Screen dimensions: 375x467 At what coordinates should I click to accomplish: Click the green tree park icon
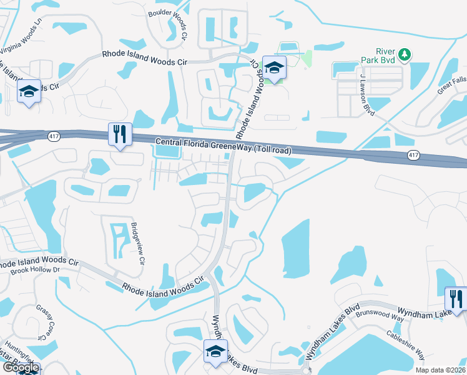coord(405,55)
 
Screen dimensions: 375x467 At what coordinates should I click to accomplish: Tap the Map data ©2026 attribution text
coord(440,369)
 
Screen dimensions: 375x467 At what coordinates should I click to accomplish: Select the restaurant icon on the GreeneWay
coord(119,134)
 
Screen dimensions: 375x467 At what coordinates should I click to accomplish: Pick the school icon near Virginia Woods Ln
coord(29,92)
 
